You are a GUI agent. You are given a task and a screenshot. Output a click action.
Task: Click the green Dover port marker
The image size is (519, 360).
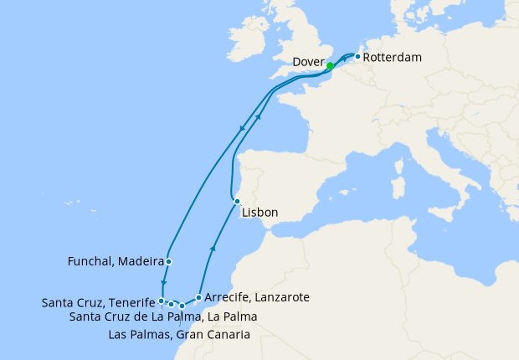click(330, 66)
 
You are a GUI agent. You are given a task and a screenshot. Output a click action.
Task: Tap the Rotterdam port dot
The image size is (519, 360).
click(357, 57)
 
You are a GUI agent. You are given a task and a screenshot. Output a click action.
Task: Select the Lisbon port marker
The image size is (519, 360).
click(237, 201)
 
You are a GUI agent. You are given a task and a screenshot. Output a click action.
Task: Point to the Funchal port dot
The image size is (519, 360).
click(168, 261)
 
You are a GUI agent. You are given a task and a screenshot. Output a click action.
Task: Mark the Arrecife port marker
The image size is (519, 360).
click(198, 297)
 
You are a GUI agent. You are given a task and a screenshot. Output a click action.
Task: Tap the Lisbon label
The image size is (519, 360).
click(259, 213)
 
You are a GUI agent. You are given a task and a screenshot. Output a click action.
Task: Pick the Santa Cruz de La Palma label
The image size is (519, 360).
click(162, 316)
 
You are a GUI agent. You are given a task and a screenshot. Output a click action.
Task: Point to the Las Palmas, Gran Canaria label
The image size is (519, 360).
click(179, 335)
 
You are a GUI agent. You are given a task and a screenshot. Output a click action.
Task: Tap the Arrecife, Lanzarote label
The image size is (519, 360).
click(258, 297)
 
